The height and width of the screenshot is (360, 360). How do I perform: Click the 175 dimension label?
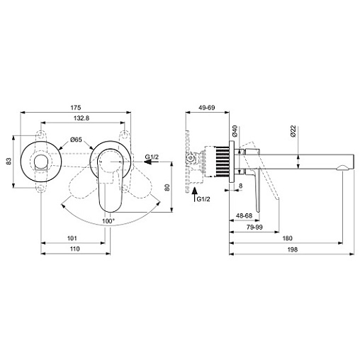76,108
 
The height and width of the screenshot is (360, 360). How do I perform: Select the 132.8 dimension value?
81,118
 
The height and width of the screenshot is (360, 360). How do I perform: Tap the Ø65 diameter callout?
76,140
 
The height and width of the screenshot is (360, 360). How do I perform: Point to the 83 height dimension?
9,162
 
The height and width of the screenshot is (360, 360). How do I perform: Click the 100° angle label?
108,221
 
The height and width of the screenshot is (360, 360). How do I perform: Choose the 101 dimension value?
72,238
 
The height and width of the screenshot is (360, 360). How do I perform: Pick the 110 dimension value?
75,249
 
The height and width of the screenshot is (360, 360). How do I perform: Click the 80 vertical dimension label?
167,187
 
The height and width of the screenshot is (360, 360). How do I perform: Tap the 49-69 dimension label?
207,108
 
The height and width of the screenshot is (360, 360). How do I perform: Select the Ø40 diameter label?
235,131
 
